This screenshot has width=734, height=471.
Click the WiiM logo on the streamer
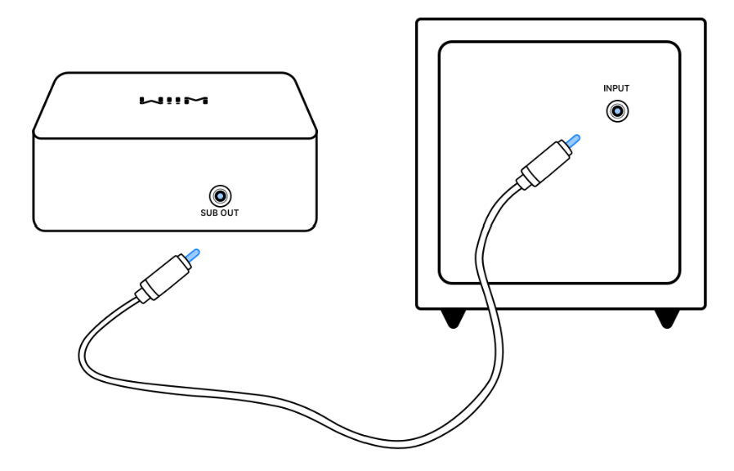click(x=174, y=101)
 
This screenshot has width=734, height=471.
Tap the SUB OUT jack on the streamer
click(x=220, y=195)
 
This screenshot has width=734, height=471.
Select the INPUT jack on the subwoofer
click(x=616, y=111)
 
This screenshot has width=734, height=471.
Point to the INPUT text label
click(x=616, y=88)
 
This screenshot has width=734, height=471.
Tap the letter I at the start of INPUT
click(x=605, y=88)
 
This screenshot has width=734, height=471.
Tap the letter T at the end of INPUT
click(x=628, y=88)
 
